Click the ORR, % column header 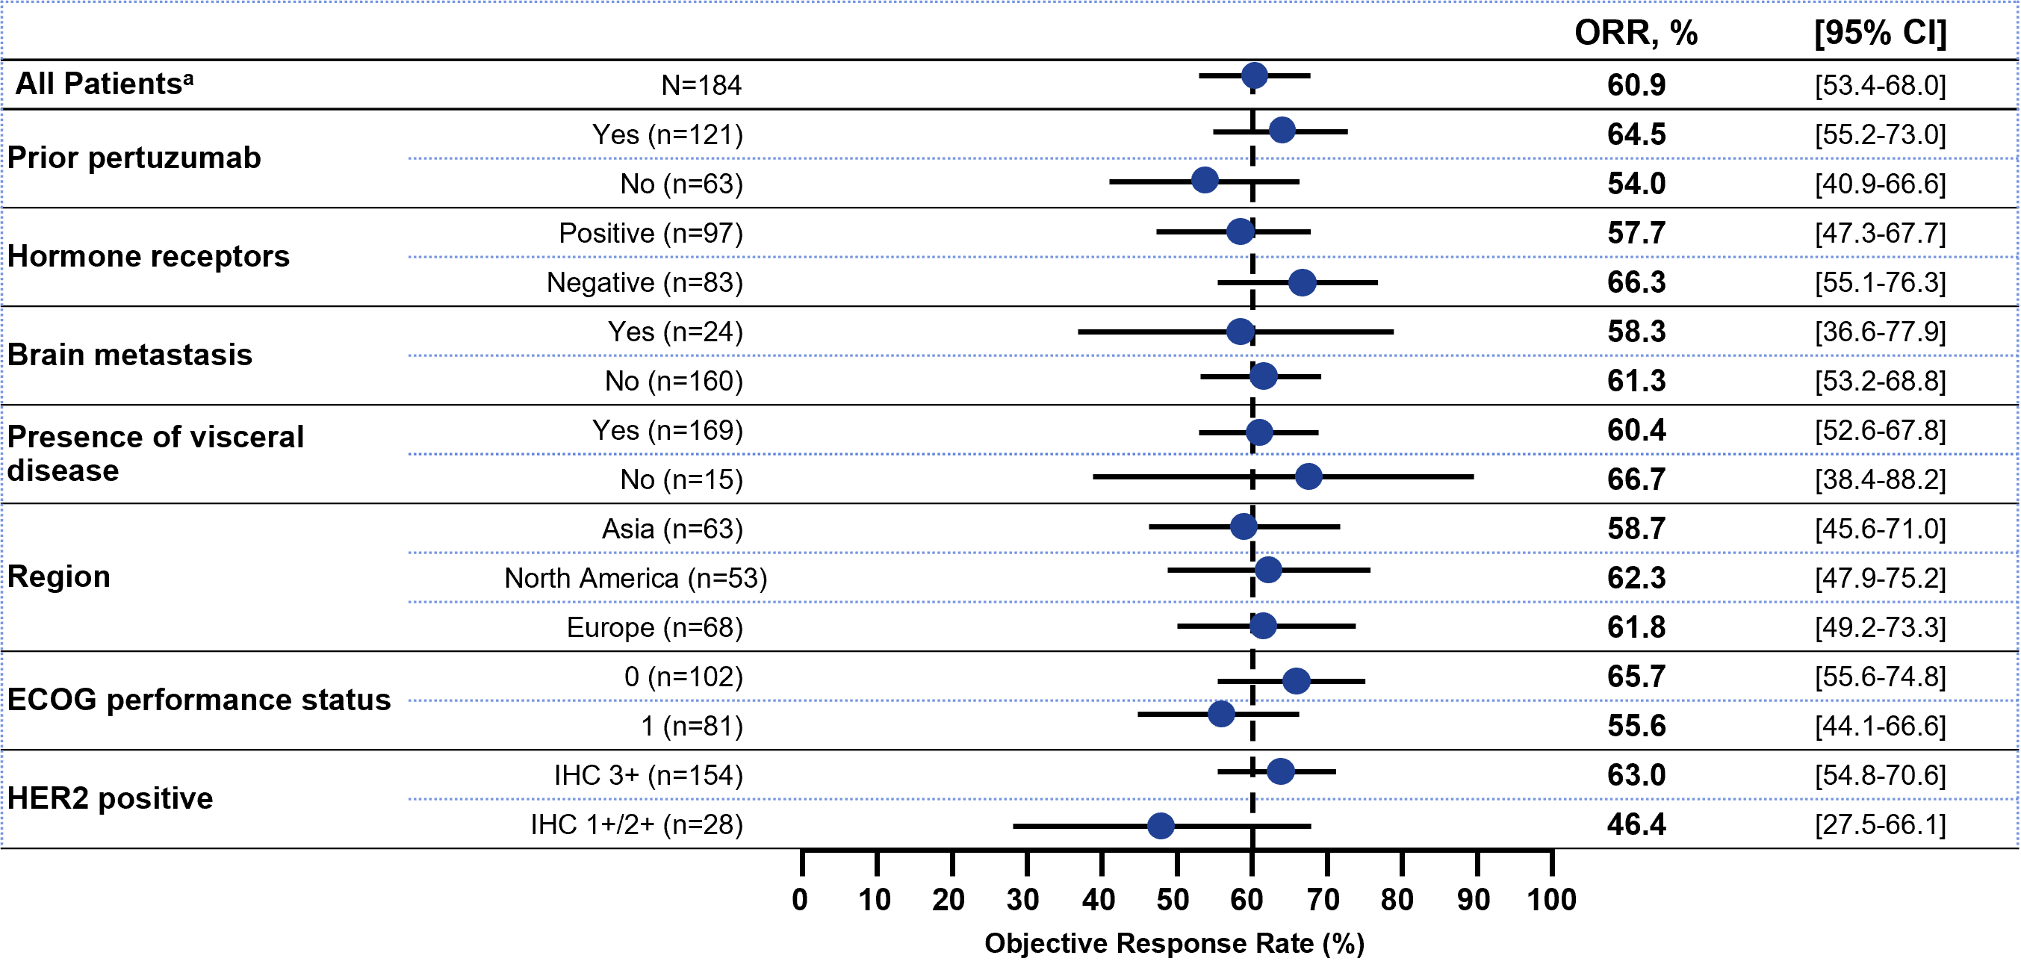(x=1636, y=33)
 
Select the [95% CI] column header (x=1881, y=33)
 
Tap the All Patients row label (x=105, y=83)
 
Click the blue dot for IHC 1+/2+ (x=1161, y=825)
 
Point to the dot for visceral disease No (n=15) (x=1308, y=476)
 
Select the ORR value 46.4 (x=1636, y=824)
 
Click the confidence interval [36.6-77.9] (x=1881, y=332)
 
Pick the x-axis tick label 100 (x=1551, y=900)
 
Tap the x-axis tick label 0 (x=799, y=900)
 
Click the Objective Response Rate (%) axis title (x=1175, y=944)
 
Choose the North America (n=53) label (x=636, y=578)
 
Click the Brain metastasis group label (x=130, y=355)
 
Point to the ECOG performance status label (x=199, y=700)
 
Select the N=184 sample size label (x=701, y=84)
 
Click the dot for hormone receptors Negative (x=1303, y=282)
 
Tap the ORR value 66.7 (x=1636, y=479)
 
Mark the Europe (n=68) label (x=655, y=628)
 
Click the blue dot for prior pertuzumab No (x=1204, y=180)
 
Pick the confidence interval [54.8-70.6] (x=1881, y=775)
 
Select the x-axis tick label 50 (x=1173, y=900)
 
